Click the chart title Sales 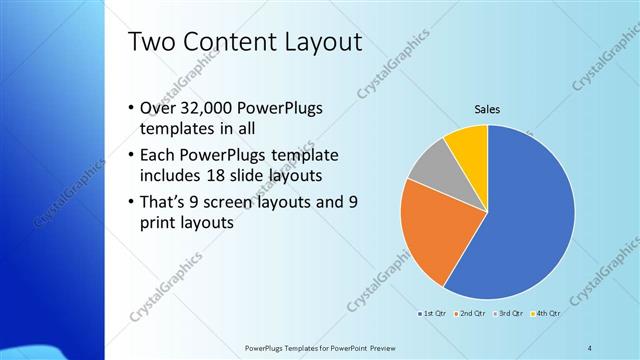[487, 110]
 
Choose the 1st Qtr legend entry [434, 314]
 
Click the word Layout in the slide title [319, 43]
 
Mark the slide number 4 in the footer [589, 347]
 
